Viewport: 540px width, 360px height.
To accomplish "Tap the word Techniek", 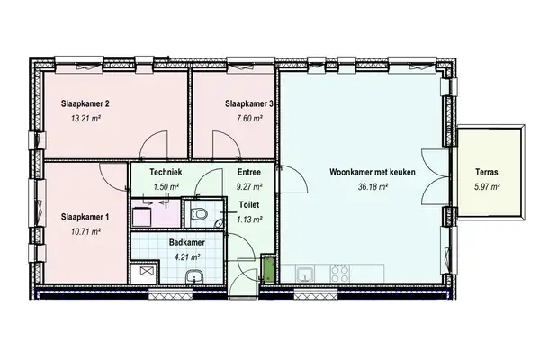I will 168,172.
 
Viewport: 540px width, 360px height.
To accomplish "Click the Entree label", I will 249,172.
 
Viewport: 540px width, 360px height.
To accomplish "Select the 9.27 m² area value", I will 249,187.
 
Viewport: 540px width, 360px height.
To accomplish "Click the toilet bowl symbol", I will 201,213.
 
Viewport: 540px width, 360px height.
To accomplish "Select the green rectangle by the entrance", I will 267,269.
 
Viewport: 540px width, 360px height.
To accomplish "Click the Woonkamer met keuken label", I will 358,172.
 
